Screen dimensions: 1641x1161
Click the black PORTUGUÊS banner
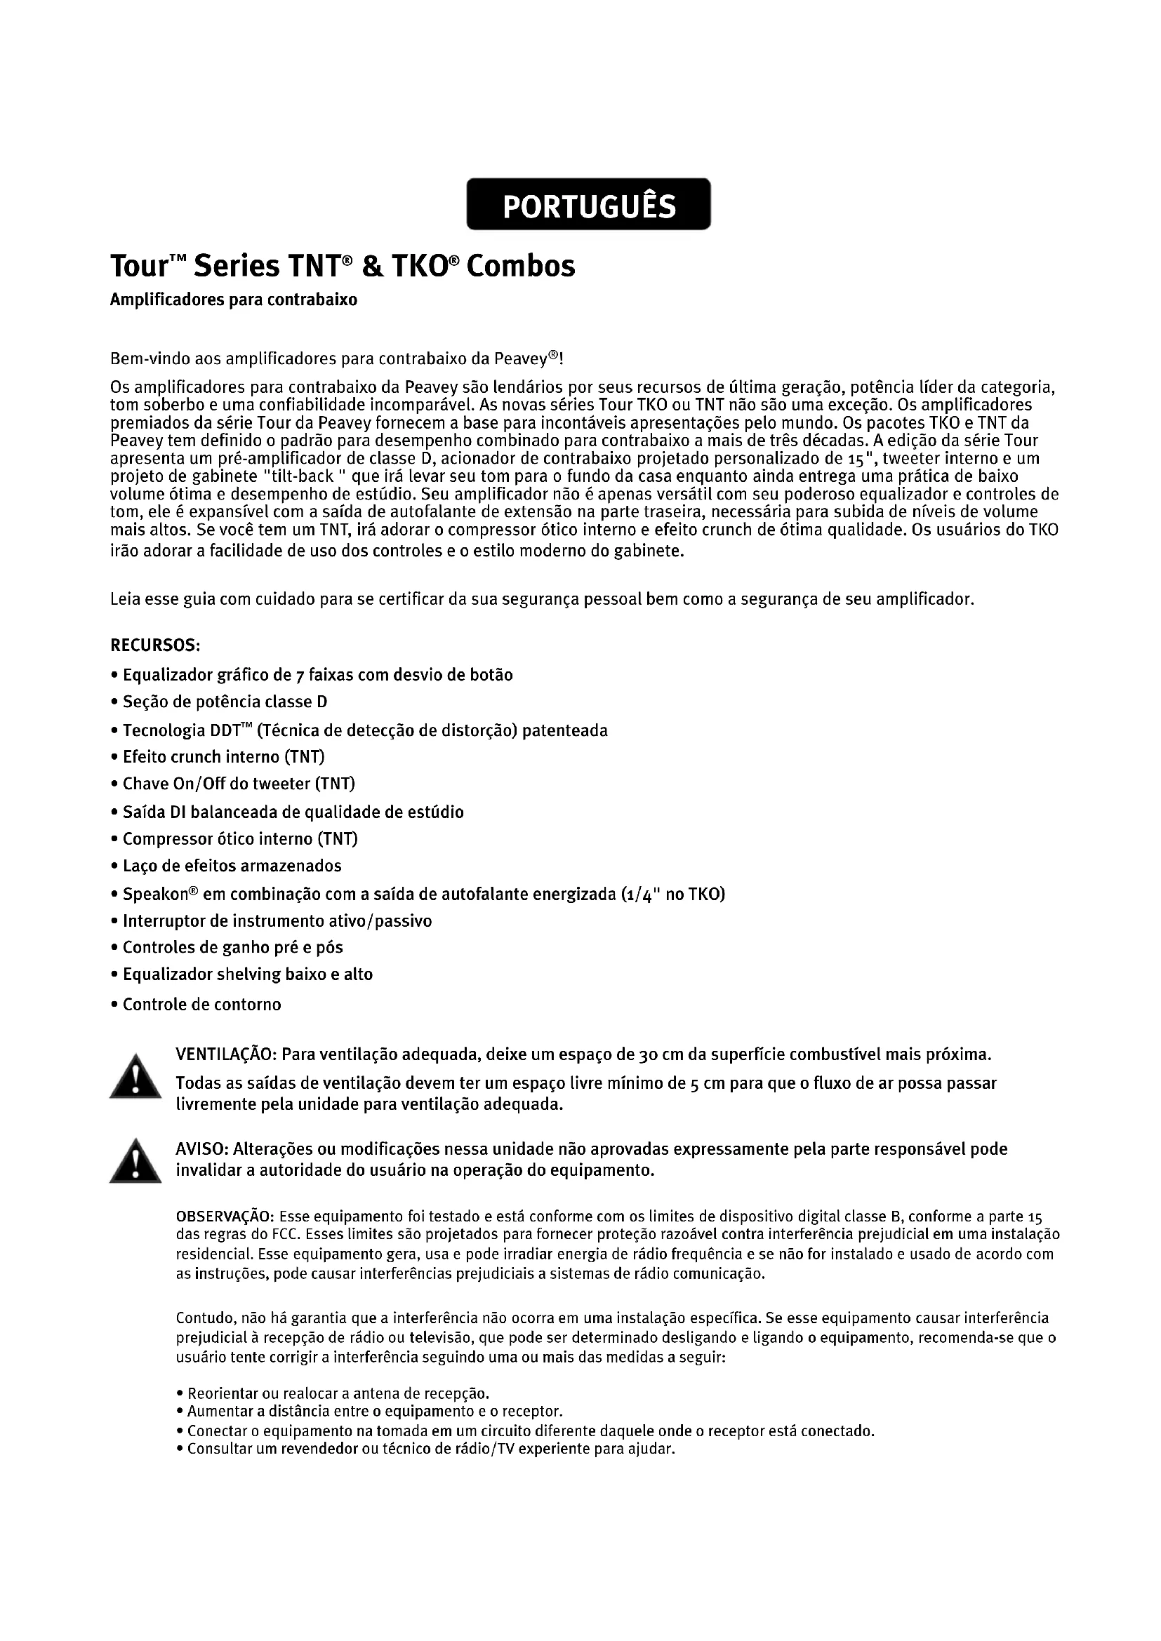[x=588, y=205]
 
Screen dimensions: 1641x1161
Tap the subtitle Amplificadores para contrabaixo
[x=233, y=300]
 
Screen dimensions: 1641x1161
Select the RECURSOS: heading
[x=154, y=645]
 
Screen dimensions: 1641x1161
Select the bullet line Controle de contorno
[x=201, y=1005]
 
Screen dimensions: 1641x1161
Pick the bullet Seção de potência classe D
[x=225, y=702]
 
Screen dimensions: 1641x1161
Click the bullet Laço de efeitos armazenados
[x=232, y=866]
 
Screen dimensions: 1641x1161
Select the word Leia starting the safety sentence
[x=125, y=599]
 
